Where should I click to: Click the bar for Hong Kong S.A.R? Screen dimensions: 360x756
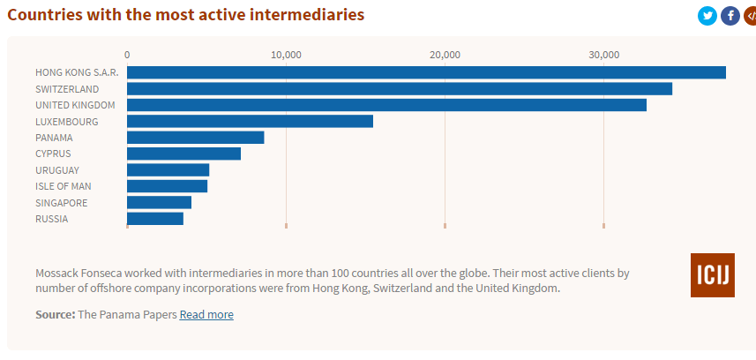point(426,72)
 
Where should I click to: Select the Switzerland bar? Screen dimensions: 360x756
point(400,88)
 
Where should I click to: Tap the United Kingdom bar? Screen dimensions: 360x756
point(386,105)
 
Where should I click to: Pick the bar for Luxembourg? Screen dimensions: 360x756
point(250,121)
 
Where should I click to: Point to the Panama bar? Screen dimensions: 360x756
point(196,138)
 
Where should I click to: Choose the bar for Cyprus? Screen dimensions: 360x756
point(183,154)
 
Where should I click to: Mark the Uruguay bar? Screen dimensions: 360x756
point(168,169)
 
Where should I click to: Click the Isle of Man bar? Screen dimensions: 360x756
point(167,186)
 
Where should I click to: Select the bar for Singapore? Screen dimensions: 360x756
point(159,202)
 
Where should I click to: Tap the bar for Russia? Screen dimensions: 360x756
point(155,218)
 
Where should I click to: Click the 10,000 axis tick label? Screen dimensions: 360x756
point(286,55)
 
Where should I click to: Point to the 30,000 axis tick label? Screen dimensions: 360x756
point(603,55)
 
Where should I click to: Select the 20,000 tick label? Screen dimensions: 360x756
point(445,55)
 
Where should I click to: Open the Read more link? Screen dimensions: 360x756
point(206,315)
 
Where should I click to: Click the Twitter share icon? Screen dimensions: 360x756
point(707,16)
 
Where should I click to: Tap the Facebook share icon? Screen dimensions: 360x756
point(730,16)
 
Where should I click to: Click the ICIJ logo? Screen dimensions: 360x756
point(712,275)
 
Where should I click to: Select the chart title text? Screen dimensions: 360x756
point(185,15)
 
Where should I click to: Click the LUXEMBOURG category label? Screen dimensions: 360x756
point(67,122)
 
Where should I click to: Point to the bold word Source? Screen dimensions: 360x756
point(55,315)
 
